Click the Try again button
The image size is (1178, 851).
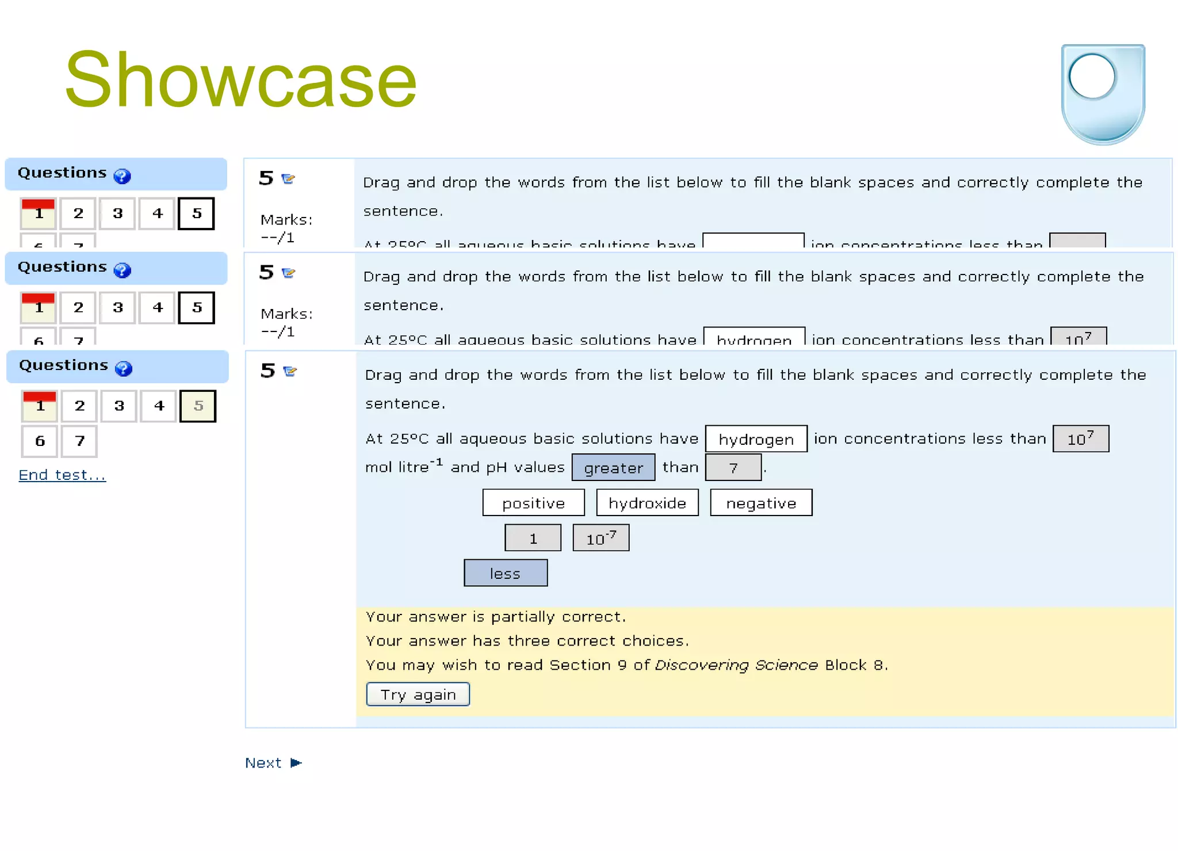418,694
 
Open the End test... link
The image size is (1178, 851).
62,475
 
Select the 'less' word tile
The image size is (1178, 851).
506,573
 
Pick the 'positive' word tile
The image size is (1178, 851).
533,503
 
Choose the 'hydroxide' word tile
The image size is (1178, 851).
647,503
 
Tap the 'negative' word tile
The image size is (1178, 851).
761,503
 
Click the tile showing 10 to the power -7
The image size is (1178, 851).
601,538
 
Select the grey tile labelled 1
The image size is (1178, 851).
533,538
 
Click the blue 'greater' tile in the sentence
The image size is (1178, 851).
613,468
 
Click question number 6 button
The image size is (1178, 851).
40,441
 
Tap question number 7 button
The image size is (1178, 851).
79,441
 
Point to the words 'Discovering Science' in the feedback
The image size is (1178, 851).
736,665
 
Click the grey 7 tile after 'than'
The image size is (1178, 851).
733,468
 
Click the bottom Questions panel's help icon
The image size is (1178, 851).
124,368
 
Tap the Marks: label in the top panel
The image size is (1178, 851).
286,220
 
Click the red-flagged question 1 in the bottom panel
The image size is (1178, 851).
40,406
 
